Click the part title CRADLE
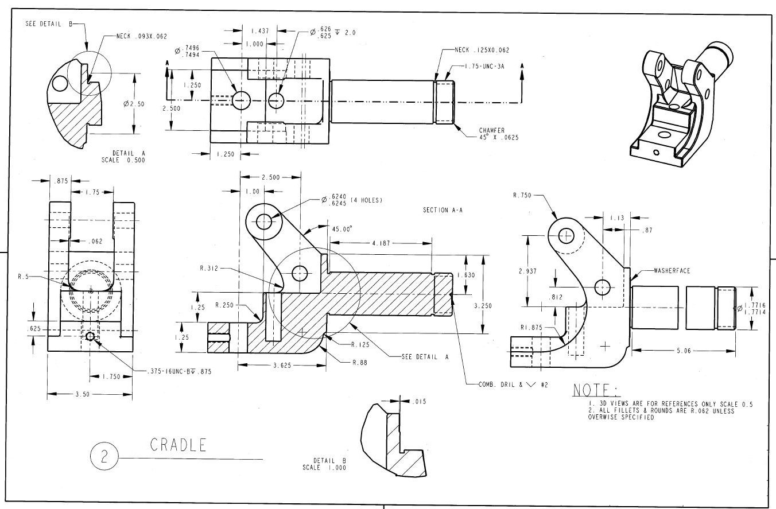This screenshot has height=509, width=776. click(x=179, y=445)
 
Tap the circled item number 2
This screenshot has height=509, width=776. click(x=104, y=457)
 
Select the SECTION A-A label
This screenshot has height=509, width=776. click(x=443, y=210)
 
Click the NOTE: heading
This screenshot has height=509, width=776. click(x=596, y=390)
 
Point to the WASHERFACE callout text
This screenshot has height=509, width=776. click(x=672, y=271)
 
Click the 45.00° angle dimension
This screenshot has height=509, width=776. click(x=342, y=229)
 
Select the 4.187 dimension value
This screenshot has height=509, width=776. click(x=381, y=243)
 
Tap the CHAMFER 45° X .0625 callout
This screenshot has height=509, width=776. click(x=499, y=134)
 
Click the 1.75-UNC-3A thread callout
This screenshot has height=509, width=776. click(x=484, y=67)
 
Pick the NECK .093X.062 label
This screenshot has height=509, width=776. click(x=141, y=36)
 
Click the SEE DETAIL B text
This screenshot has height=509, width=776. click(x=49, y=24)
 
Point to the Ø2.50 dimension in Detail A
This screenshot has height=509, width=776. click(x=134, y=104)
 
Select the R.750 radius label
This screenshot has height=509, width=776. click(x=522, y=195)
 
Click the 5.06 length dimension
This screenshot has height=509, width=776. click(x=684, y=351)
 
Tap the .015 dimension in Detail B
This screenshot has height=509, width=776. click(x=419, y=402)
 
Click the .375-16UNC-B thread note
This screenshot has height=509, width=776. click(x=179, y=371)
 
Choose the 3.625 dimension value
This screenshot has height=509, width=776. click(x=282, y=366)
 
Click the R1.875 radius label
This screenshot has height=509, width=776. click(x=531, y=327)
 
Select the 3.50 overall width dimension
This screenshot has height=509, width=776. click(x=83, y=394)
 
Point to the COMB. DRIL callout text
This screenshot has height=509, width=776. click(x=513, y=384)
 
